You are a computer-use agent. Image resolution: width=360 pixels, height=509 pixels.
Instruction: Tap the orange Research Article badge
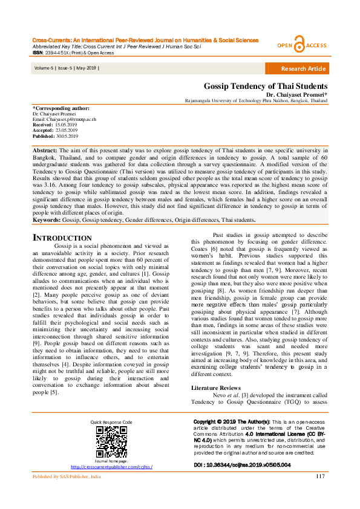pyautogui.click(x=304, y=68)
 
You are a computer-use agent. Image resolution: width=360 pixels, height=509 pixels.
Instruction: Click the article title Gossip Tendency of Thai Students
pyautogui.click(x=265, y=86)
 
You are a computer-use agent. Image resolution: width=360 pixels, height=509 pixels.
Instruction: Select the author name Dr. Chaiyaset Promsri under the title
pyautogui.click(x=296, y=95)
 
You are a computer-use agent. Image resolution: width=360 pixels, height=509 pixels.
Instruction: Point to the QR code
pyautogui.click(x=111, y=443)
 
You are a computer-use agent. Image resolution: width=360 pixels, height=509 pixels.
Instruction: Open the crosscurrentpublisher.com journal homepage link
pyautogui.click(x=111, y=467)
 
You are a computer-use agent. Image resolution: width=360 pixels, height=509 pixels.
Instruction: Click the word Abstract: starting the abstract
pyautogui.click(x=44, y=149)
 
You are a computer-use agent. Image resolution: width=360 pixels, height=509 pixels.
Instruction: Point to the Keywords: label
pyautogui.click(x=47, y=220)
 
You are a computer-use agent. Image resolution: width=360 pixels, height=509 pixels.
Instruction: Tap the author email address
pyautogui.click(x=64, y=119)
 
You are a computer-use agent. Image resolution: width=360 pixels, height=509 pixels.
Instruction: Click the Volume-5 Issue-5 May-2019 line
pyautogui.click(x=66, y=68)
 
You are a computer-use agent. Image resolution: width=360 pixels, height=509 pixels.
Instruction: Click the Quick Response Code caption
pyautogui.click(x=111, y=421)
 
